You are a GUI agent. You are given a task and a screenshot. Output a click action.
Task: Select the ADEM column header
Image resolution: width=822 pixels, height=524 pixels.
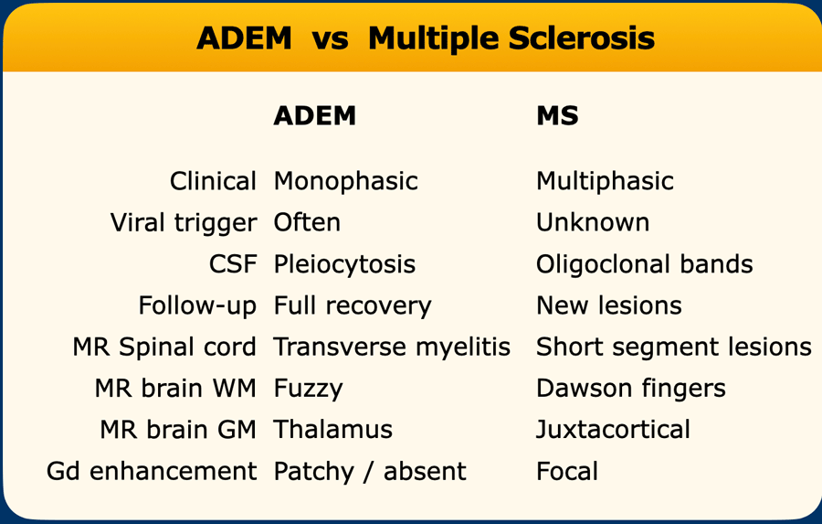[314, 115]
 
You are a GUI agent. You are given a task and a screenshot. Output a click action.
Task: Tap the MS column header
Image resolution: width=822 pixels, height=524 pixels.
[557, 115]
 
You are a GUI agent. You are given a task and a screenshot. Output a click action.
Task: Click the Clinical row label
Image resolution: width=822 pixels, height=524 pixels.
[213, 181]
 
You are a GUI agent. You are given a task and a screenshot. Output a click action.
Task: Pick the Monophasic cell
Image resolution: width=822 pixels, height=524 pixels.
[345, 182]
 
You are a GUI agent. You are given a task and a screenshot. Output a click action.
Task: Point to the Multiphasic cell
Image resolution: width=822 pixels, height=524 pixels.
[605, 182]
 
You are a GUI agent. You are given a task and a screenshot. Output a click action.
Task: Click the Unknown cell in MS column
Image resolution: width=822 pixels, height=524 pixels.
[593, 222]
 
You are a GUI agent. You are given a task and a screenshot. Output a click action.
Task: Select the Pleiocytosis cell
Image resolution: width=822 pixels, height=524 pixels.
[344, 265]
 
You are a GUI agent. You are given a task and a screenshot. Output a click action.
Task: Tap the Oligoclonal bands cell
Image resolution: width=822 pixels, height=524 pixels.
[644, 265]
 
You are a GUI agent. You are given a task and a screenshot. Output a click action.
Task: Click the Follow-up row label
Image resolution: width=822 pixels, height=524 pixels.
[197, 306]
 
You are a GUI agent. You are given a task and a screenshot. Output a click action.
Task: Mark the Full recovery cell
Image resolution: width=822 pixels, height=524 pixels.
[353, 306]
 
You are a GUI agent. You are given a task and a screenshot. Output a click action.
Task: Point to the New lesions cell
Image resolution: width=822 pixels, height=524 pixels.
[608, 305]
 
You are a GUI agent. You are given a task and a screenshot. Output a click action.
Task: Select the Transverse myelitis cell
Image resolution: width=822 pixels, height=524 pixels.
[392, 348]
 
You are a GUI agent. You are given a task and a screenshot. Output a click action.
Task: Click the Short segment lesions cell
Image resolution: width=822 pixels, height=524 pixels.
[674, 348]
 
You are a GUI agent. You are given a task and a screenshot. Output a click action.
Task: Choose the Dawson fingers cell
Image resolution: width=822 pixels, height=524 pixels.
[630, 390]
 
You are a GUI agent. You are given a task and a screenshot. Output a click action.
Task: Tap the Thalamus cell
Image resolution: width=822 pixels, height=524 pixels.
[332, 430]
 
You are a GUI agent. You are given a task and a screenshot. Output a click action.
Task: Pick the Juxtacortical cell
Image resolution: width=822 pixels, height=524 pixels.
[613, 431]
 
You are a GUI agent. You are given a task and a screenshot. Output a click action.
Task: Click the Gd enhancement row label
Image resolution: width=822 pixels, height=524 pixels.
[152, 471]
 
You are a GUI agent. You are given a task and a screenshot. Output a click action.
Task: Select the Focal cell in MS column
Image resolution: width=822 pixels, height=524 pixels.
[566, 471]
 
